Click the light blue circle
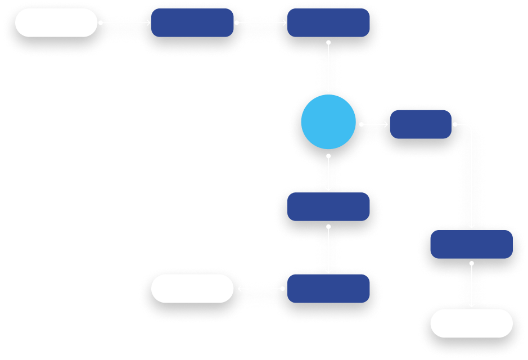328,121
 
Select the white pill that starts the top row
56,22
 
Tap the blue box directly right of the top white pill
192,22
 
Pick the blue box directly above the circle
328,22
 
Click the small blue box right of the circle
421,124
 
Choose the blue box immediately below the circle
328,206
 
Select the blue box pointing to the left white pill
328,289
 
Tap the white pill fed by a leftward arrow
192,289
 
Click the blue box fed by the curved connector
471,244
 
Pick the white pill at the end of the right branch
471,323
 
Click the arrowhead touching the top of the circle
328,90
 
